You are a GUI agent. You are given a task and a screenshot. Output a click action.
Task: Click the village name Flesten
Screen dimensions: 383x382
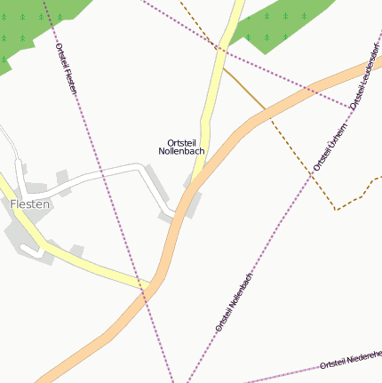point(30,203)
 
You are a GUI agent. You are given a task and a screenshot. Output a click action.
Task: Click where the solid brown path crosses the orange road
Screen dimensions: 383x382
point(266,110)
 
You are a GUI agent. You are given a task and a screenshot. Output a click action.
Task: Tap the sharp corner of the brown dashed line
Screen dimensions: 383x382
point(336,210)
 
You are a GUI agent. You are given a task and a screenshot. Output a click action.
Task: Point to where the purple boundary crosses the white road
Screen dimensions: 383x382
point(100,174)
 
